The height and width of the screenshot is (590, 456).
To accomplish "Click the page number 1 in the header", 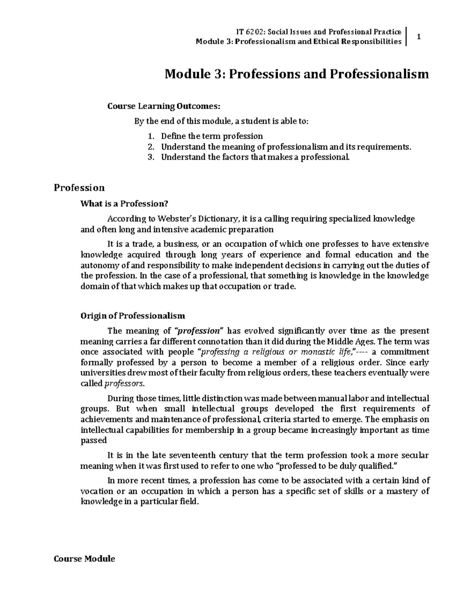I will pos(418,37).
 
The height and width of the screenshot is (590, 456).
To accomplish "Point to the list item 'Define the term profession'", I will pos(212,136).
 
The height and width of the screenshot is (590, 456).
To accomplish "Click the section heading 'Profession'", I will pos(79,188).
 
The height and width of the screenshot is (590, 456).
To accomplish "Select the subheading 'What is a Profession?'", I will pos(124,204).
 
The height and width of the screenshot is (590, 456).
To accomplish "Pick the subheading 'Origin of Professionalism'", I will pos(133,316).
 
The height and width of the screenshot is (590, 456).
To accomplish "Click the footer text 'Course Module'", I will pos(84,559).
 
